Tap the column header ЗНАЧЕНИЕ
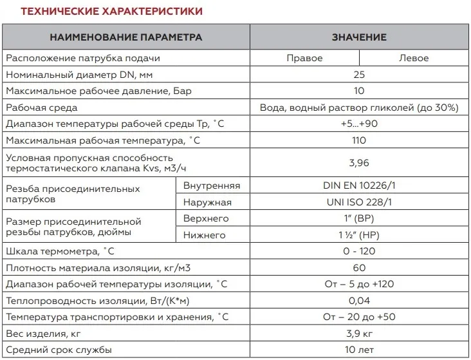[359, 37]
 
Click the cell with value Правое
[304, 58]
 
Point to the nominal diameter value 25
[359, 75]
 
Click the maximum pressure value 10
[359, 91]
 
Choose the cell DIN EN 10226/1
[359, 186]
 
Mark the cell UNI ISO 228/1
[359, 202]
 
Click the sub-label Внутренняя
[212, 186]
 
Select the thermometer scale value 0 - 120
[359, 251]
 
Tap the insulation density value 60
[359, 267]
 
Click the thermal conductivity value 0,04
[359, 300]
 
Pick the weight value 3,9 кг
[359, 333]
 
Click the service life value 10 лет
[359, 349]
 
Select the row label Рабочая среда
[41, 108]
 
